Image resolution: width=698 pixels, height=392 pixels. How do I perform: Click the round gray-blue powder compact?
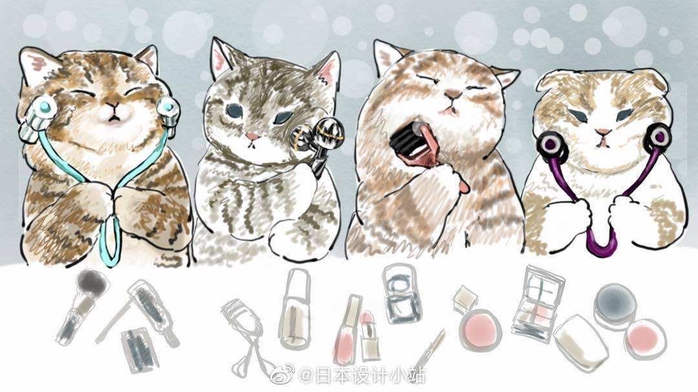pos(615,305)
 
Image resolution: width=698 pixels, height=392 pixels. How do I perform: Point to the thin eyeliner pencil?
pos(429,349)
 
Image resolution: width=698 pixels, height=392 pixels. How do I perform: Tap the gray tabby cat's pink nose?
pos(253,136)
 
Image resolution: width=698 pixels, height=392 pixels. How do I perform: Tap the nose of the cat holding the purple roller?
pos(604,132)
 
